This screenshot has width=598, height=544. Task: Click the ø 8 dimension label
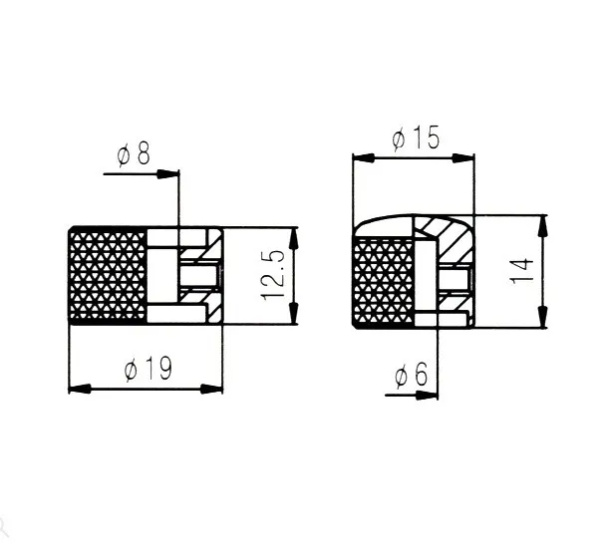tap(134, 154)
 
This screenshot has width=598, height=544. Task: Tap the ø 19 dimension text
tap(149, 369)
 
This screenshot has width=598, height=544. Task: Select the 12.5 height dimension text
tap(273, 275)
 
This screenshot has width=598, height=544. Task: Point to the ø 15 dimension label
tap(416, 137)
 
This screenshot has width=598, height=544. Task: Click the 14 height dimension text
tap(521, 271)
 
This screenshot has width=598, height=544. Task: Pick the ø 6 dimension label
tap(411, 375)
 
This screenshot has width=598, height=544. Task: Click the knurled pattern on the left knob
tap(108, 275)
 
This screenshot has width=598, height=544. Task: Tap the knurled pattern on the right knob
tap(384, 281)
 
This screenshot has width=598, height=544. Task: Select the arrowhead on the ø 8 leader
tap(167, 173)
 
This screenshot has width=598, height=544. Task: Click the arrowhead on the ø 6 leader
tap(427, 395)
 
